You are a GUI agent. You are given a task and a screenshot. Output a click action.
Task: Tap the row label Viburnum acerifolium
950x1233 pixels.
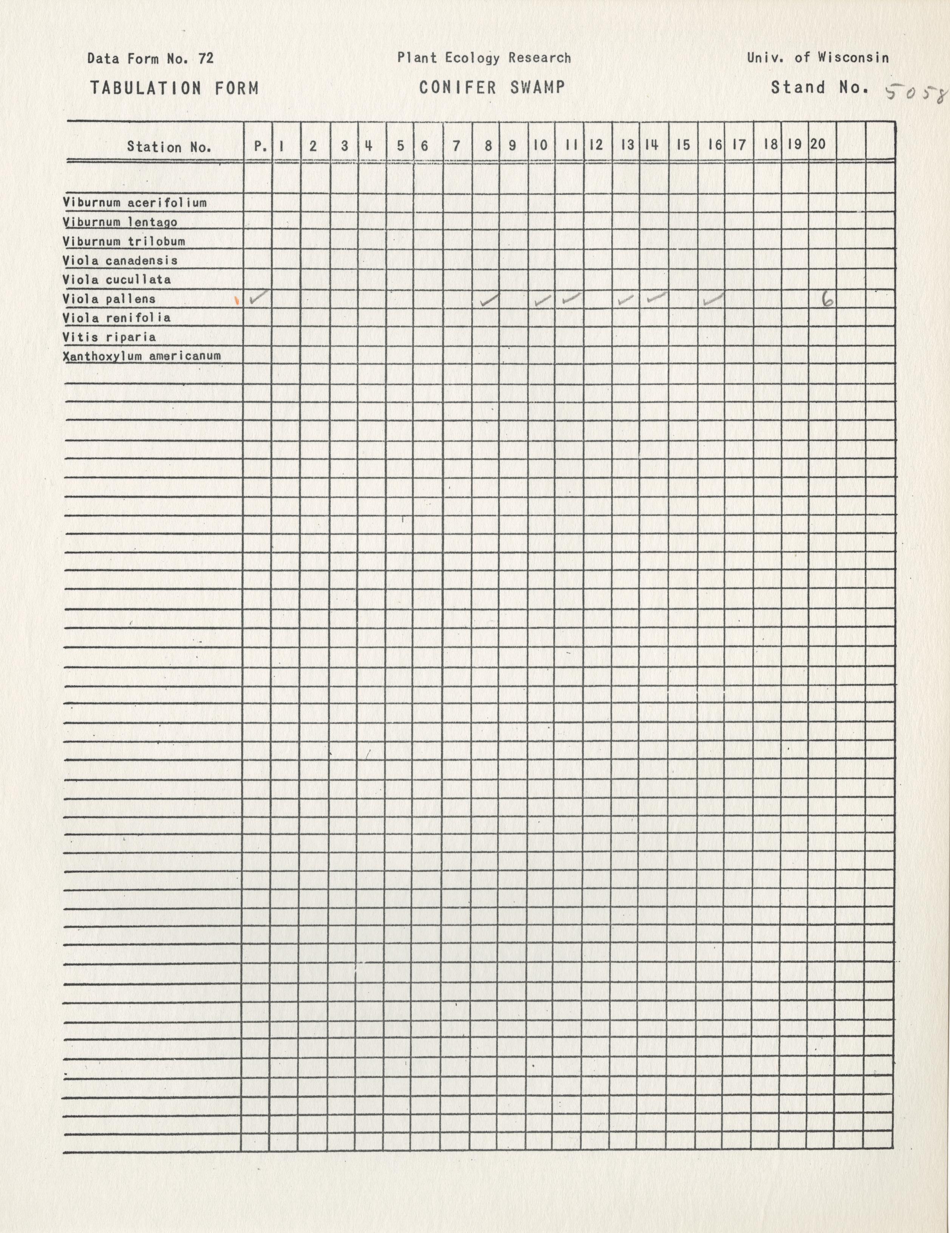[135, 203]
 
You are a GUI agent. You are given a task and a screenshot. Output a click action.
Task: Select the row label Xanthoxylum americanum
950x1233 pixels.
[142, 356]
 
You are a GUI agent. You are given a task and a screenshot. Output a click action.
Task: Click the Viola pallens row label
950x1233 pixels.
[109, 299]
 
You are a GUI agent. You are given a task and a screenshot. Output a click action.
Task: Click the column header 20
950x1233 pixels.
[817, 144]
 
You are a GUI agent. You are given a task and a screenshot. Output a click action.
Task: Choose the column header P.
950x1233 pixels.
[260, 146]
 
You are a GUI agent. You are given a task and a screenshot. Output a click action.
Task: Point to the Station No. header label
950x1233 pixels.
[169, 147]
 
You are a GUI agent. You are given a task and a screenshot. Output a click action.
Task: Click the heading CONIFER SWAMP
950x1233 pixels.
[492, 88]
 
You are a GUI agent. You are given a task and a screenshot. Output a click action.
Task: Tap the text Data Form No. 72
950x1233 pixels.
[151, 58]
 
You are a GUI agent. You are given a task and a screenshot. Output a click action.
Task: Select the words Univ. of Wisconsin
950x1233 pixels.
[818, 57]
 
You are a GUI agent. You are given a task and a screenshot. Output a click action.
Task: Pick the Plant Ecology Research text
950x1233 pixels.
[484, 57]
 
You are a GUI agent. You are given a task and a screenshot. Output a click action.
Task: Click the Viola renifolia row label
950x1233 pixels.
[116, 318]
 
